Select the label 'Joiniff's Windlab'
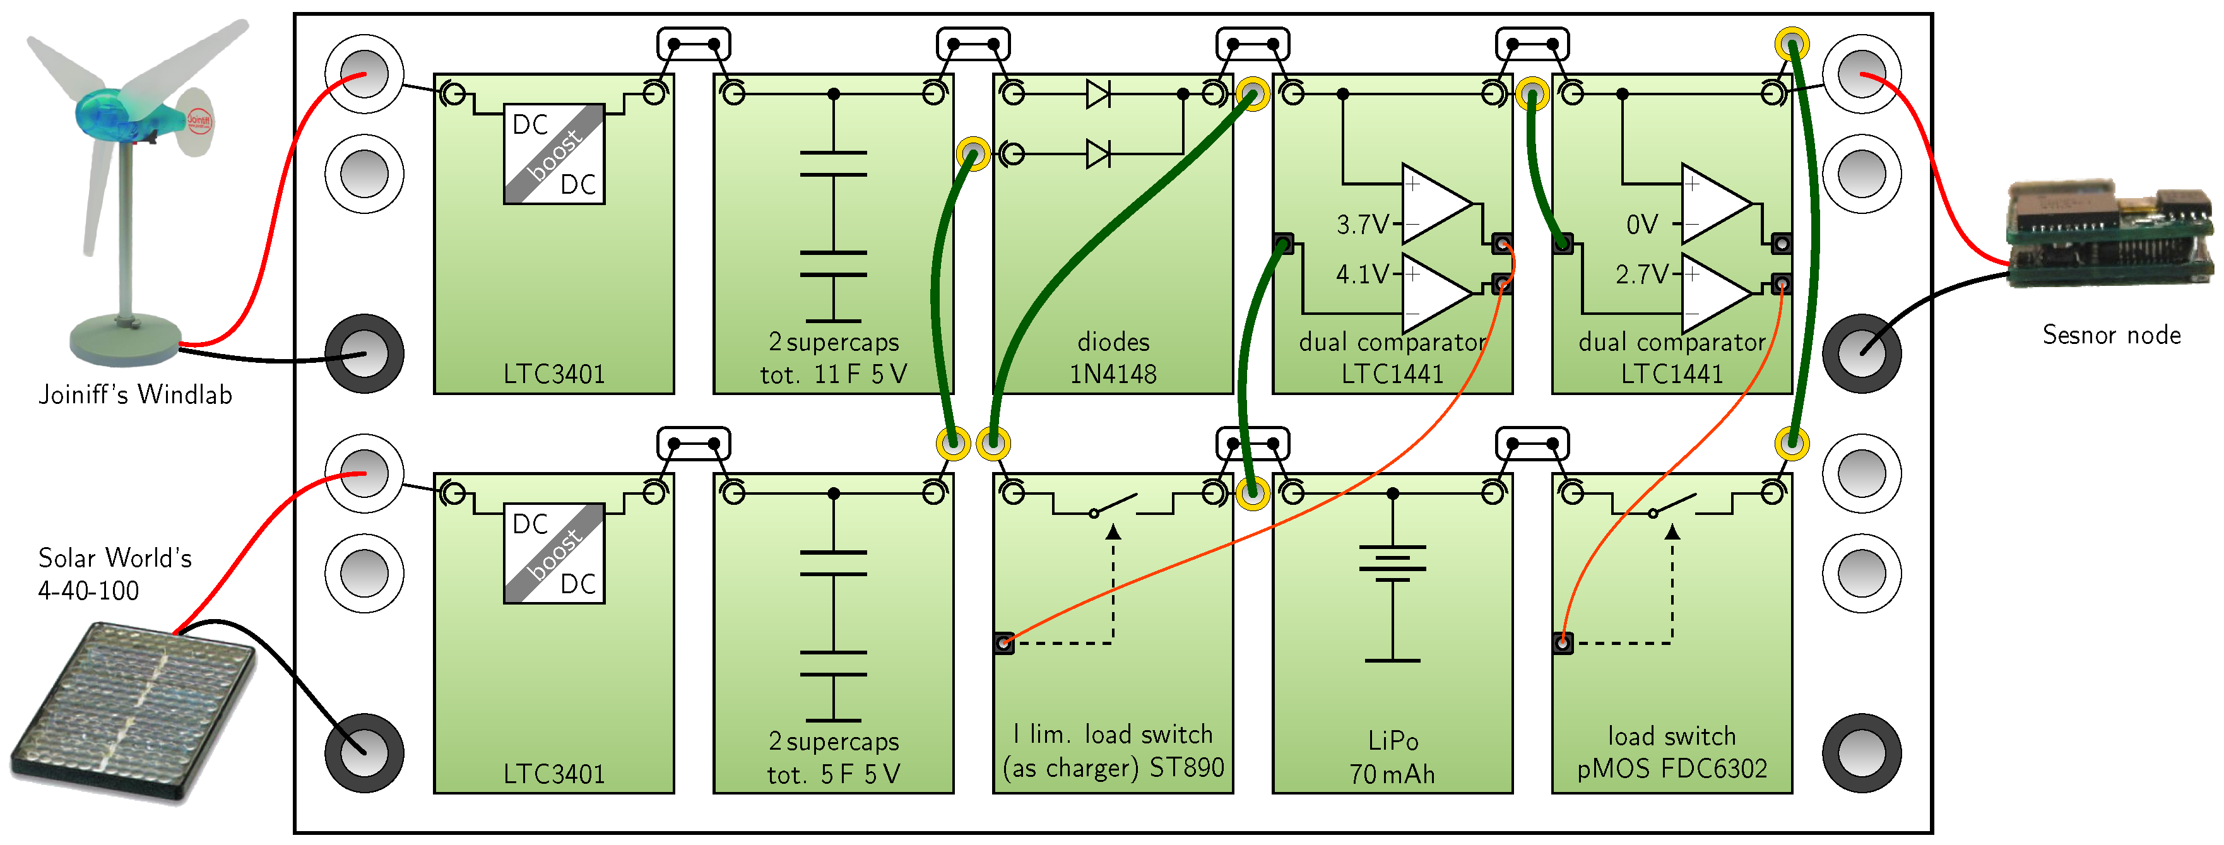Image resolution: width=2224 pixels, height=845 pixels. point(136,395)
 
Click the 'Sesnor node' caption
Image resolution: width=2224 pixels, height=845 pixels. point(2111,335)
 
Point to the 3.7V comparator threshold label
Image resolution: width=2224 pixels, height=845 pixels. point(1361,225)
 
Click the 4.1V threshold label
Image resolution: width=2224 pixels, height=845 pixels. point(1361,275)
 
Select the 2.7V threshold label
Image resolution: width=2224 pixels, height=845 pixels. point(1641,275)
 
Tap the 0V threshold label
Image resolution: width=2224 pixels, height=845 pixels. point(1641,225)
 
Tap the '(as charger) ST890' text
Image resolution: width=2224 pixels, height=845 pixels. point(1113,767)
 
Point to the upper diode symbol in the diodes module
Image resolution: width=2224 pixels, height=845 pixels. point(1098,94)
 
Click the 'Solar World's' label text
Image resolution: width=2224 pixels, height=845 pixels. point(115,558)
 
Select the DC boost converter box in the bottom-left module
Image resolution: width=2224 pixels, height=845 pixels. point(553,553)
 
